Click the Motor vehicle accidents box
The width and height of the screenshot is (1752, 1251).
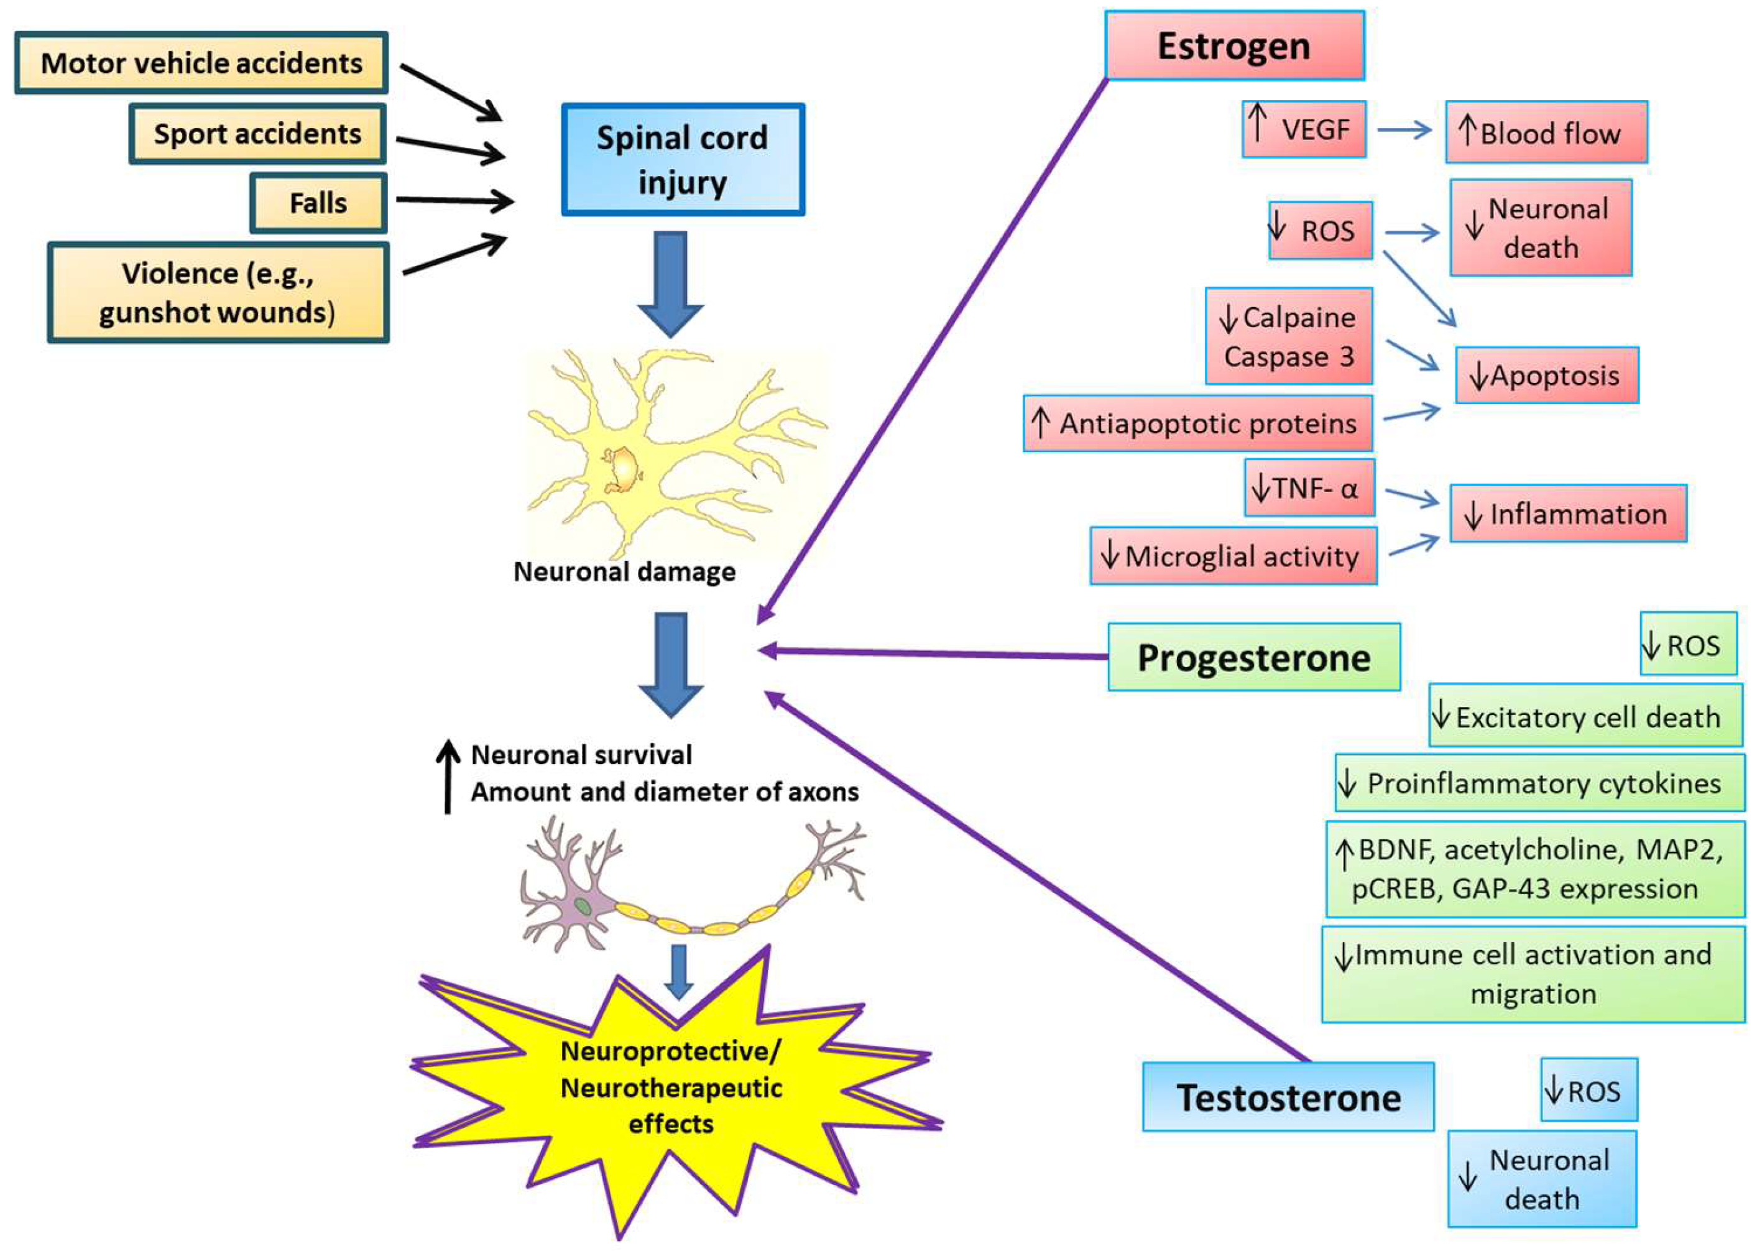coord(201,63)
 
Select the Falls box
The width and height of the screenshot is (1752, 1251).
coord(318,203)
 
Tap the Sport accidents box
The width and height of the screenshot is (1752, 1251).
coord(257,134)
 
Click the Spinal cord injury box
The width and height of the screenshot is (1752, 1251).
coord(682,159)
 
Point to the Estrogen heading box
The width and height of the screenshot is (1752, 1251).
coord(1233,46)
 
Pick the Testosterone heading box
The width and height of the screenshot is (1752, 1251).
coord(1288,1097)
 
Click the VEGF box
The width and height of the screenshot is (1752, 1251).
coord(1303,129)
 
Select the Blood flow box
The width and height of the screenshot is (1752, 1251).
coord(1546,132)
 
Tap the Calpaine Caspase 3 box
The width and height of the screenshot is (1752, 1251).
coord(1288,336)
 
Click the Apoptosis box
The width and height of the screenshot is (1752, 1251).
coord(1546,375)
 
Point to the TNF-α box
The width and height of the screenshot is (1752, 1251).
coord(1309,487)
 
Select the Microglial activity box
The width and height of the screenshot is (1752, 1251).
coord(1232,555)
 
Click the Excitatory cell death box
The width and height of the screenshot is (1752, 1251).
coord(1585,716)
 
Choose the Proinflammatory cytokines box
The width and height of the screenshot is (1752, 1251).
coord(1539,783)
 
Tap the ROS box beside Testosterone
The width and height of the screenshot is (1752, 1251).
coord(1588,1089)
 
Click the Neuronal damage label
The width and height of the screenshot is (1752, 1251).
coord(624,571)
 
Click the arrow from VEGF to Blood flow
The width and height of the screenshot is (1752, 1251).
coord(1403,129)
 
